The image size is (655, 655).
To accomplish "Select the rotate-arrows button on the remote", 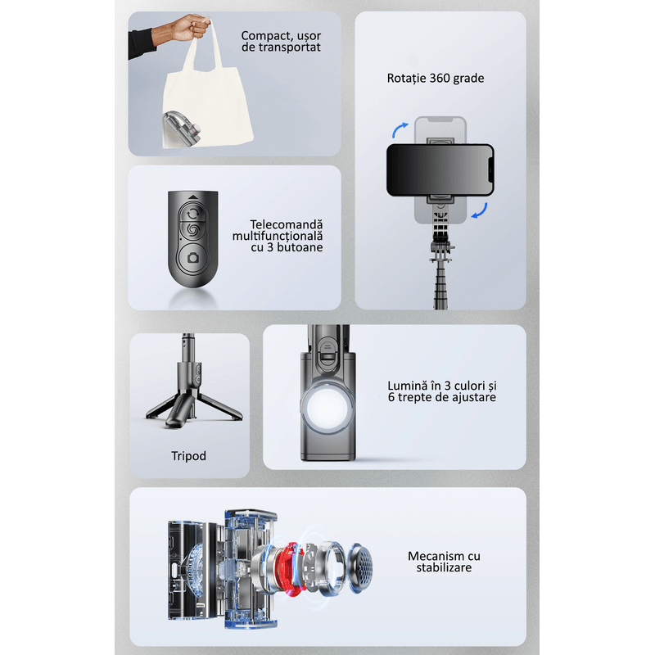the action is pos(192,214).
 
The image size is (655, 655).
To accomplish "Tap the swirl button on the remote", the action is pos(192,230).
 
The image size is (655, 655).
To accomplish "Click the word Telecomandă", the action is pos(287,224).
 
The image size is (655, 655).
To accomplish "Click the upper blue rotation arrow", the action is pos(400,129).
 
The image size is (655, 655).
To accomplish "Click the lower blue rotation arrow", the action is pos(480,211).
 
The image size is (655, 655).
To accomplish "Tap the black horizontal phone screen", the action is pos(440,170).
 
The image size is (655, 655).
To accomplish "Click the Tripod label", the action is pos(188,456).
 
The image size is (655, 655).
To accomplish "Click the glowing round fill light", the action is pos(327,407).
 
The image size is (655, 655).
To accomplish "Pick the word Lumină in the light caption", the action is pos(404,386).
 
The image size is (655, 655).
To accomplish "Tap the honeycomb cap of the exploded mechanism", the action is pos(360,568).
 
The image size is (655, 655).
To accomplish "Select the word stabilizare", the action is pos(444,567).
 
